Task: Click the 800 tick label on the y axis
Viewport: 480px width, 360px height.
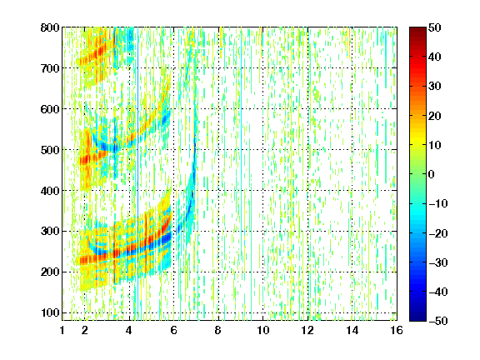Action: click(x=50, y=27)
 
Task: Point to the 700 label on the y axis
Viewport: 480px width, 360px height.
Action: click(x=50, y=68)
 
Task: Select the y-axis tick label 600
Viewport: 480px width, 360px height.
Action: click(x=50, y=109)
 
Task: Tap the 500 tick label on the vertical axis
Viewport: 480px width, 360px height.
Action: click(x=50, y=150)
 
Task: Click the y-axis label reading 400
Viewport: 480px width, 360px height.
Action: click(x=50, y=191)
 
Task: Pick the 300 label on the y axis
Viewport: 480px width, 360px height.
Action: click(x=50, y=232)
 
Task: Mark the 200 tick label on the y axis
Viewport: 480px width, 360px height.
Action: click(x=50, y=272)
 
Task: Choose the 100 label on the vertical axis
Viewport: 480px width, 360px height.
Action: click(x=50, y=312)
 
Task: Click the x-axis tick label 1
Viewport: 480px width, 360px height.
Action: click(x=62, y=330)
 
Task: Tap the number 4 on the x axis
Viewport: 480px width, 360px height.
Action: click(x=129, y=330)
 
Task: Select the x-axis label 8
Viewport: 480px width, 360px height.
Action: click(x=218, y=330)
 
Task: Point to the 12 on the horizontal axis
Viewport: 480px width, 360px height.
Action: click(x=307, y=330)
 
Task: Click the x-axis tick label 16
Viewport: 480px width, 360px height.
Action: click(x=397, y=330)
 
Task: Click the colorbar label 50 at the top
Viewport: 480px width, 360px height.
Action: click(x=434, y=27)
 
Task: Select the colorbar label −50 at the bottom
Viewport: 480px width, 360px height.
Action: click(x=438, y=321)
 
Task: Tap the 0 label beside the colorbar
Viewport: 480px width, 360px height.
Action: click(x=432, y=174)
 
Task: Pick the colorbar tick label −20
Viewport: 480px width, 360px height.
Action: click(x=438, y=233)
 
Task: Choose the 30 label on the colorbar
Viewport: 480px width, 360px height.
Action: click(x=434, y=87)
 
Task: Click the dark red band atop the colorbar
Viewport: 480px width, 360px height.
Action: click(x=417, y=33)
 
